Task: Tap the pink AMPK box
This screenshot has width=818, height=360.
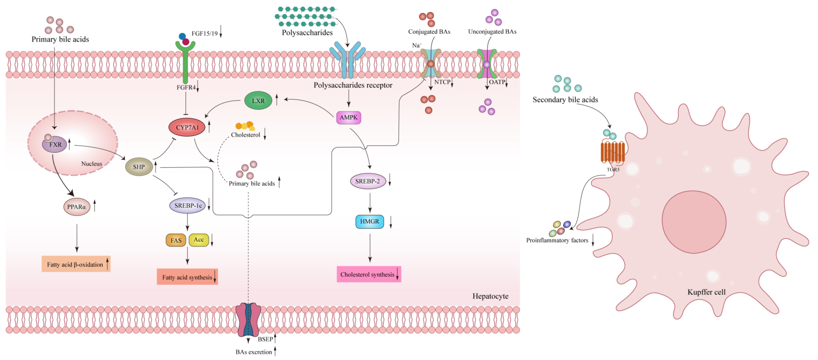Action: pyautogui.click(x=348, y=118)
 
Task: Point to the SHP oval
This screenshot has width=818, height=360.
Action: pyautogui.click(x=139, y=167)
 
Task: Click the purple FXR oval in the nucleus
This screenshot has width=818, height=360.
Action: pyautogui.click(x=55, y=144)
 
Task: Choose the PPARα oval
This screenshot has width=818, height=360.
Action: pyautogui.click(x=77, y=207)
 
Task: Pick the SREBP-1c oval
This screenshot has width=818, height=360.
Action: pyautogui.click(x=187, y=206)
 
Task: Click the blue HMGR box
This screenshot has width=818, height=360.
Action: pyautogui.click(x=369, y=221)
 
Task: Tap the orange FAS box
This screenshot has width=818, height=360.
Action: pyautogui.click(x=176, y=240)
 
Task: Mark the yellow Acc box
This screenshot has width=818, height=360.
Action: pyautogui.click(x=199, y=240)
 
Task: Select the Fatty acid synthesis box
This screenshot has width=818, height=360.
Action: pyautogui.click(x=187, y=277)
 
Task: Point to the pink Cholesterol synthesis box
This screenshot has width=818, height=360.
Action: pyautogui.click(x=368, y=274)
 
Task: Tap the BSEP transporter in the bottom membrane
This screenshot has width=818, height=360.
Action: pyautogui.click(x=249, y=319)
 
